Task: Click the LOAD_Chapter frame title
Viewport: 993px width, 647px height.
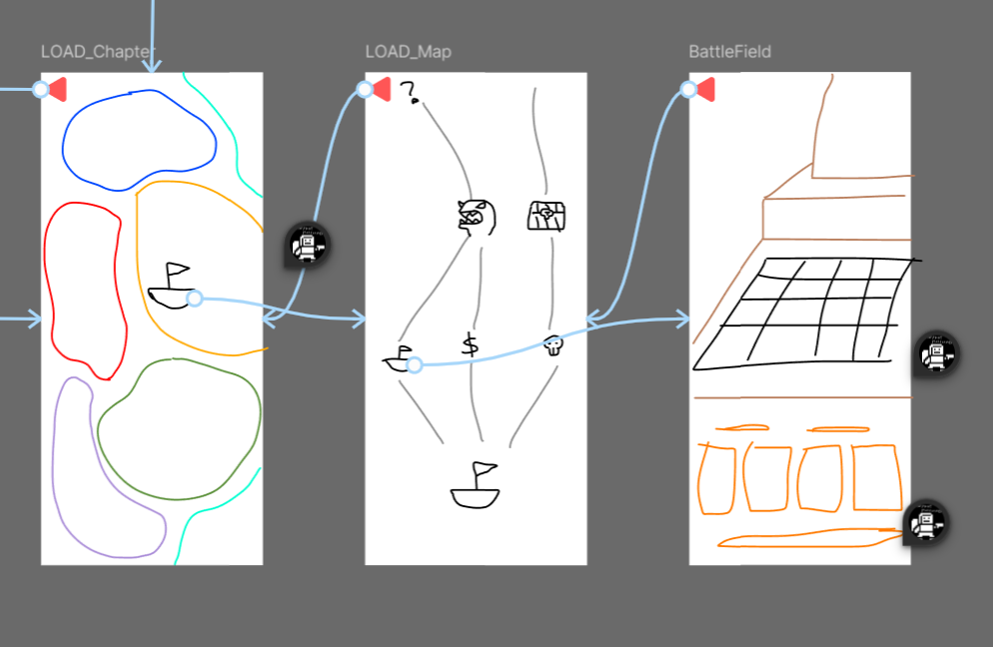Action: [x=98, y=52]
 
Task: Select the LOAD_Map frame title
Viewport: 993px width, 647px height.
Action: [x=408, y=52]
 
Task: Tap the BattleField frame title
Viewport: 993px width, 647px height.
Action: [x=729, y=52]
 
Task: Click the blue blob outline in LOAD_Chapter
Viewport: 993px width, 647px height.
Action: [x=64, y=140]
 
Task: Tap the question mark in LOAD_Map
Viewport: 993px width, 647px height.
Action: [x=409, y=94]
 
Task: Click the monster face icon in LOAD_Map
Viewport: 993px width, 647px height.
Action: [x=476, y=216]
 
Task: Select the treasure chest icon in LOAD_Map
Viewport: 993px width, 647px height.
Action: [x=546, y=216]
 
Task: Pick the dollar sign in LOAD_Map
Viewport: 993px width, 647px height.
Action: [x=470, y=345]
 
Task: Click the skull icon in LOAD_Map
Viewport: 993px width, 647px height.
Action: [x=552, y=345]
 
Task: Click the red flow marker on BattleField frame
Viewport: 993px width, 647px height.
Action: [x=705, y=91]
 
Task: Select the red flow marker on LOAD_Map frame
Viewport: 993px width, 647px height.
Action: [x=381, y=91]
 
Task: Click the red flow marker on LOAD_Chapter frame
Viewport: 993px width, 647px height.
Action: [x=57, y=90]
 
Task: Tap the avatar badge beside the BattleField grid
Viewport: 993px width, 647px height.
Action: [x=935, y=353]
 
